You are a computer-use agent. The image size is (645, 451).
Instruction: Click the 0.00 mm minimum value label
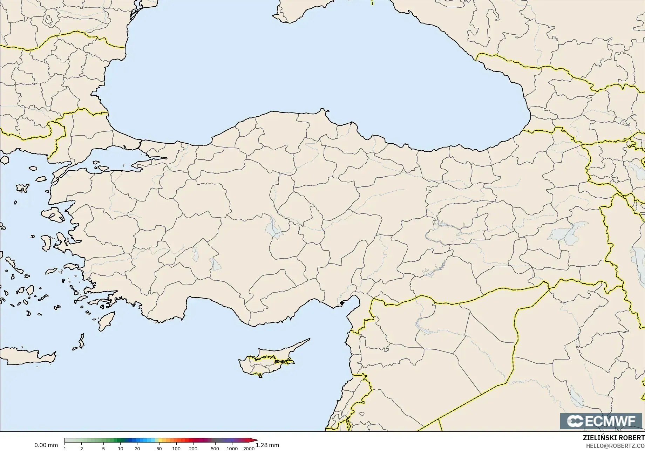point(46,445)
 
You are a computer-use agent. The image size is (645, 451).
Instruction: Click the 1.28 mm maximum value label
point(267,445)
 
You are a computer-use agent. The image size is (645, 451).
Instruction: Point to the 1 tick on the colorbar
point(65,448)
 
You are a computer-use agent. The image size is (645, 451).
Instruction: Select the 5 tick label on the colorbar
point(103,448)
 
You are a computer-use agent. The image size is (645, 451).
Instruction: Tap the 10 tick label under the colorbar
point(120,448)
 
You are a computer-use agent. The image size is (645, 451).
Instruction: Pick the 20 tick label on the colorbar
point(137,448)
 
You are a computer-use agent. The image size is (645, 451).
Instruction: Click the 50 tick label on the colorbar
point(159,448)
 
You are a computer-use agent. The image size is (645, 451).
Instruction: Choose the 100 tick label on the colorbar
point(176,448)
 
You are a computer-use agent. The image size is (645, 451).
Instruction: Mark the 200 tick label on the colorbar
point(193,448)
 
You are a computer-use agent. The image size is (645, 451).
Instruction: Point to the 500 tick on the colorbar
point(215,448)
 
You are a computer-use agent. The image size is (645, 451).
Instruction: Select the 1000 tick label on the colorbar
point(232,448)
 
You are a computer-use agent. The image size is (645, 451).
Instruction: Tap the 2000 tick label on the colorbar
point(249,448)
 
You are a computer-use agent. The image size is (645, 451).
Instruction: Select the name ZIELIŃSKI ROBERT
point(613,438)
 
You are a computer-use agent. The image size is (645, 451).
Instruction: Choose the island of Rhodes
point(107,321)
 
